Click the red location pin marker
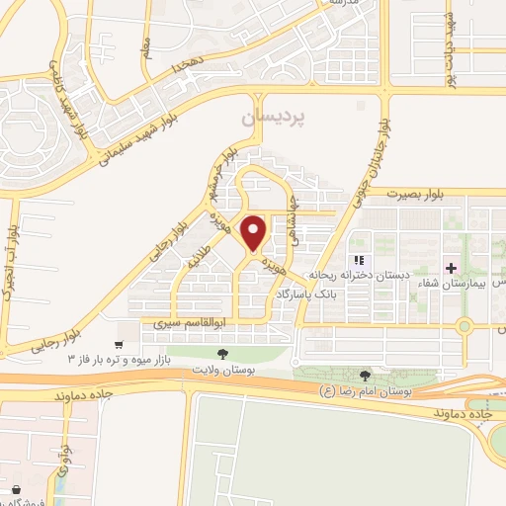pos(254,232)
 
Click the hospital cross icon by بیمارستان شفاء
pos(451,268)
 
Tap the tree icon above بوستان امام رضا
pos(367,376)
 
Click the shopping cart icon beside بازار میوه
pos(120,345)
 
